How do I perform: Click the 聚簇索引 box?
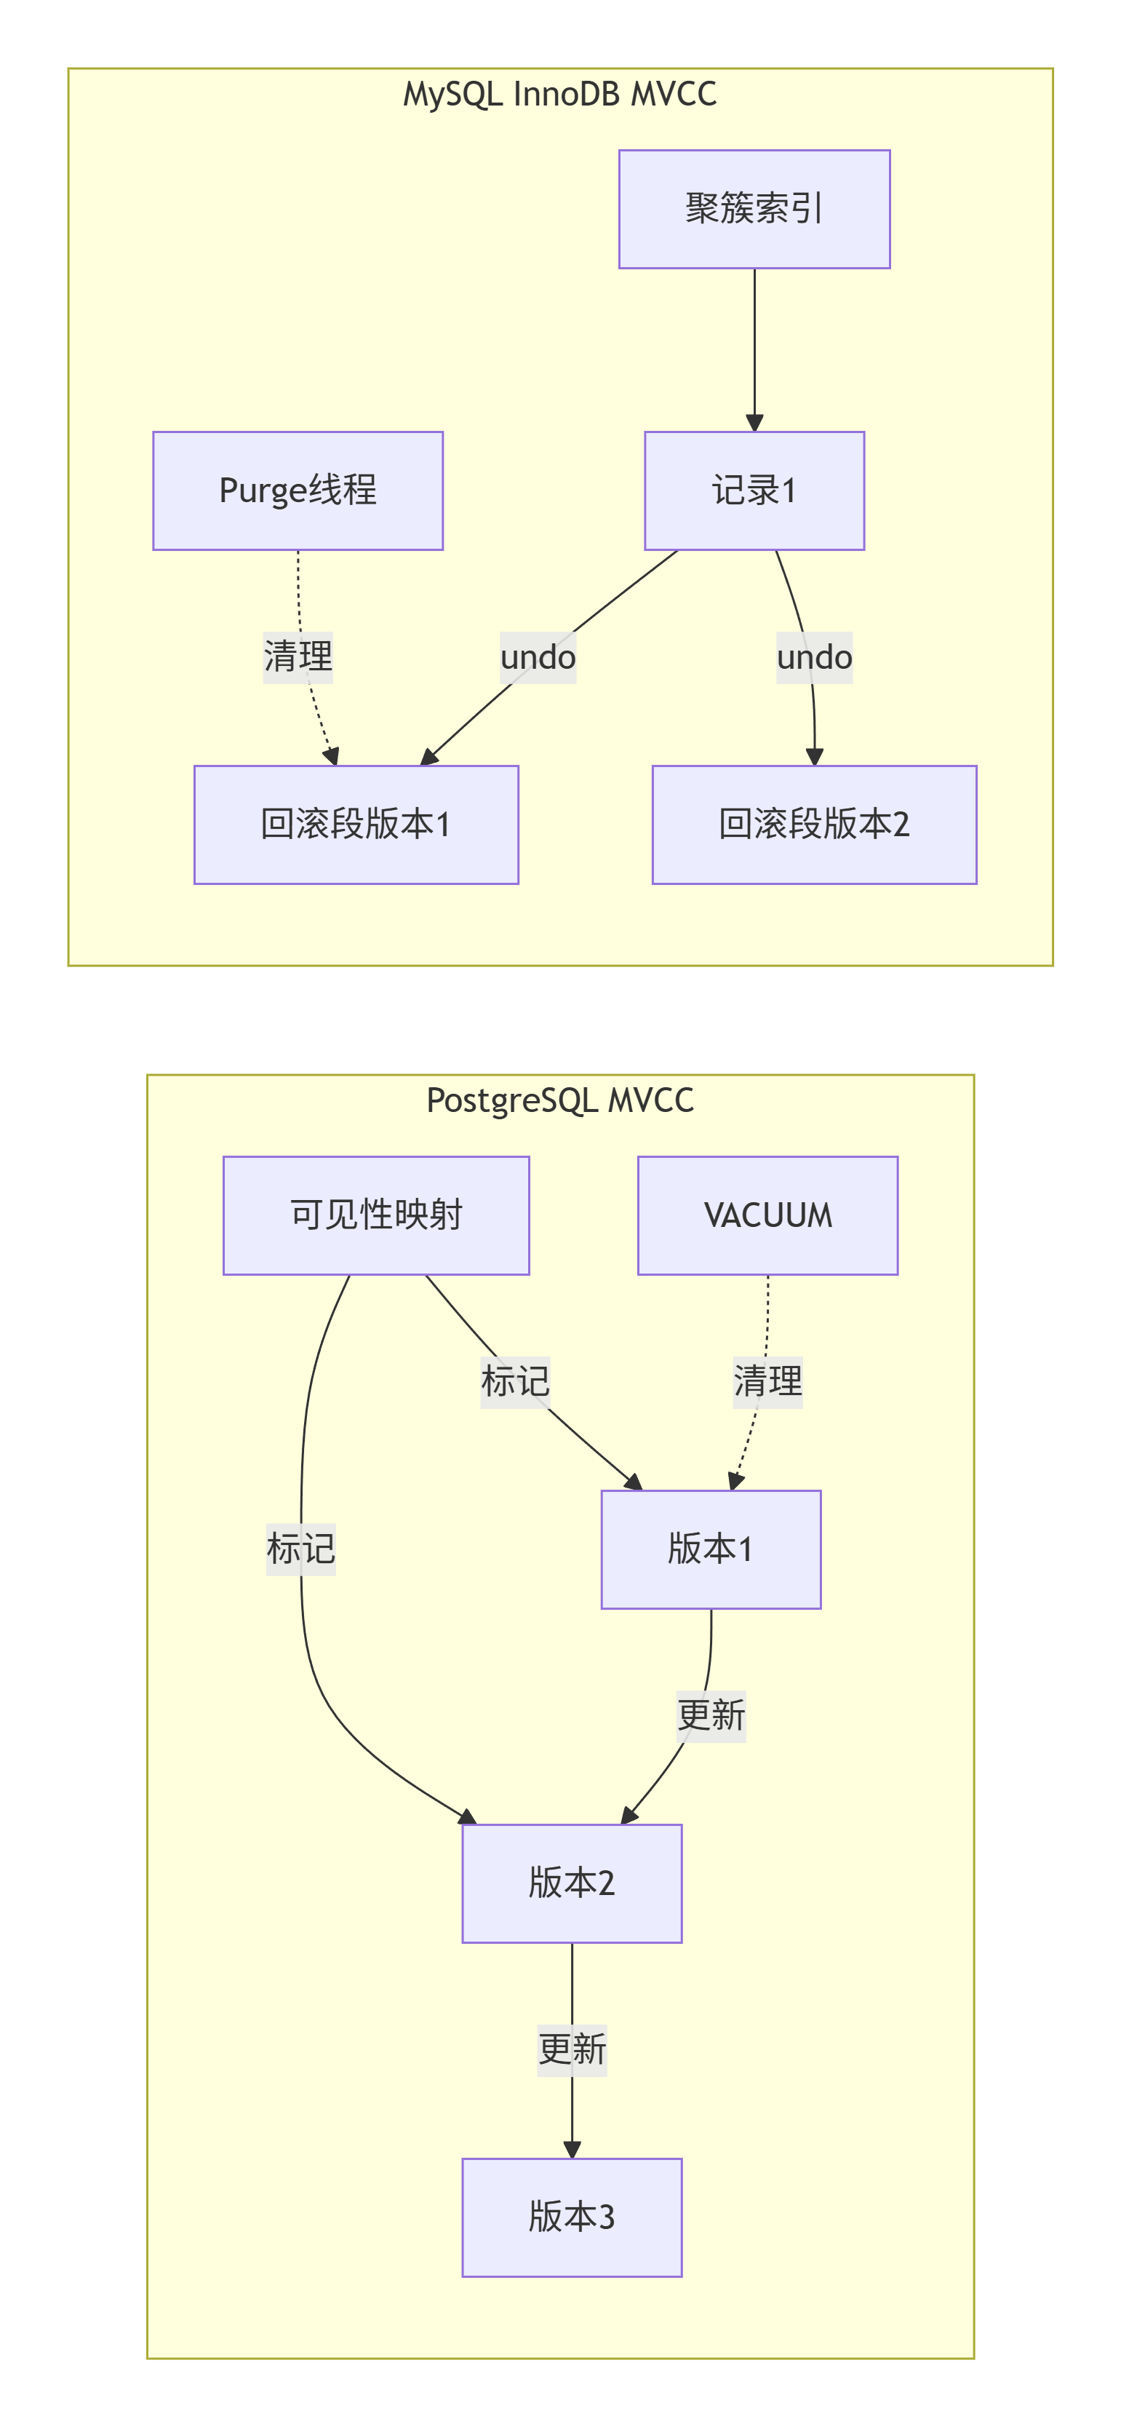pos(754,209)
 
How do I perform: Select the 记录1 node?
pos(754,491)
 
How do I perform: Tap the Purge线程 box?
pos(298,491)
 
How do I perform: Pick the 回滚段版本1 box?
pos(356,825)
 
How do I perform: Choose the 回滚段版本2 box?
pos(814,825)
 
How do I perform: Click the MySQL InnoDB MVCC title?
pos(559,94)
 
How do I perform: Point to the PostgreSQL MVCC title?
pos(559,1100)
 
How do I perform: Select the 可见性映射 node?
pos(376,1215)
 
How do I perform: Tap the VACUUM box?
pos(767,1215)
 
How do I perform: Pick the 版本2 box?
pos(572,1883)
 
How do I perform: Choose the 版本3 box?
pos(572,2217)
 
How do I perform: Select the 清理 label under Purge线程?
pos(298,656)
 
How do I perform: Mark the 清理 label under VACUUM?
pos(767,1382)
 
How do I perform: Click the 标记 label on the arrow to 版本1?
pos(515,1382)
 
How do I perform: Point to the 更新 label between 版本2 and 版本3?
pos(572,2050)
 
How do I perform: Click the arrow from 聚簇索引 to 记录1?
pos(754,349)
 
